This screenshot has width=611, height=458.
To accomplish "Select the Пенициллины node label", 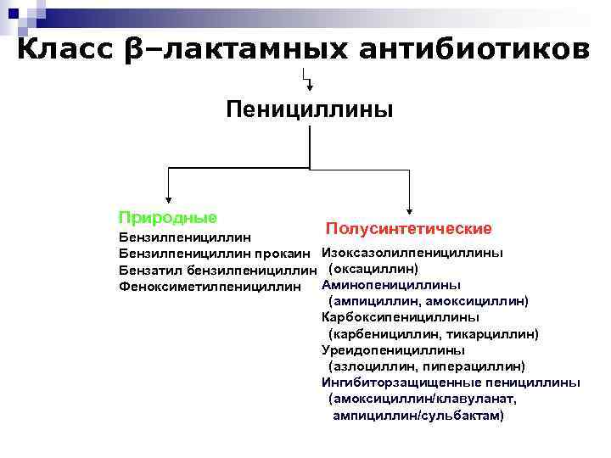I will pos(309,109).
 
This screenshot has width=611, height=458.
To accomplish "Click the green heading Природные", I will pos(167,218).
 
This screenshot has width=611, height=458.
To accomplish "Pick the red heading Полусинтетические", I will pos(408,229).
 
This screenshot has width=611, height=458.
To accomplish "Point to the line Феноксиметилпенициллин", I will pos(210,287).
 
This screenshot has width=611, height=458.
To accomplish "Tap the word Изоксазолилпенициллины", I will pos(412,253).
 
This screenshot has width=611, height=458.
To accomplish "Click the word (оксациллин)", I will pos(373,269).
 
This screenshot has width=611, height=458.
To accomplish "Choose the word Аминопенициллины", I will pos(391,285).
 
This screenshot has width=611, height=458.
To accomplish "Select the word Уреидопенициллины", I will pos(393,349).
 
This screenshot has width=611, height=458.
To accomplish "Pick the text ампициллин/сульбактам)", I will pos(418,416).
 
